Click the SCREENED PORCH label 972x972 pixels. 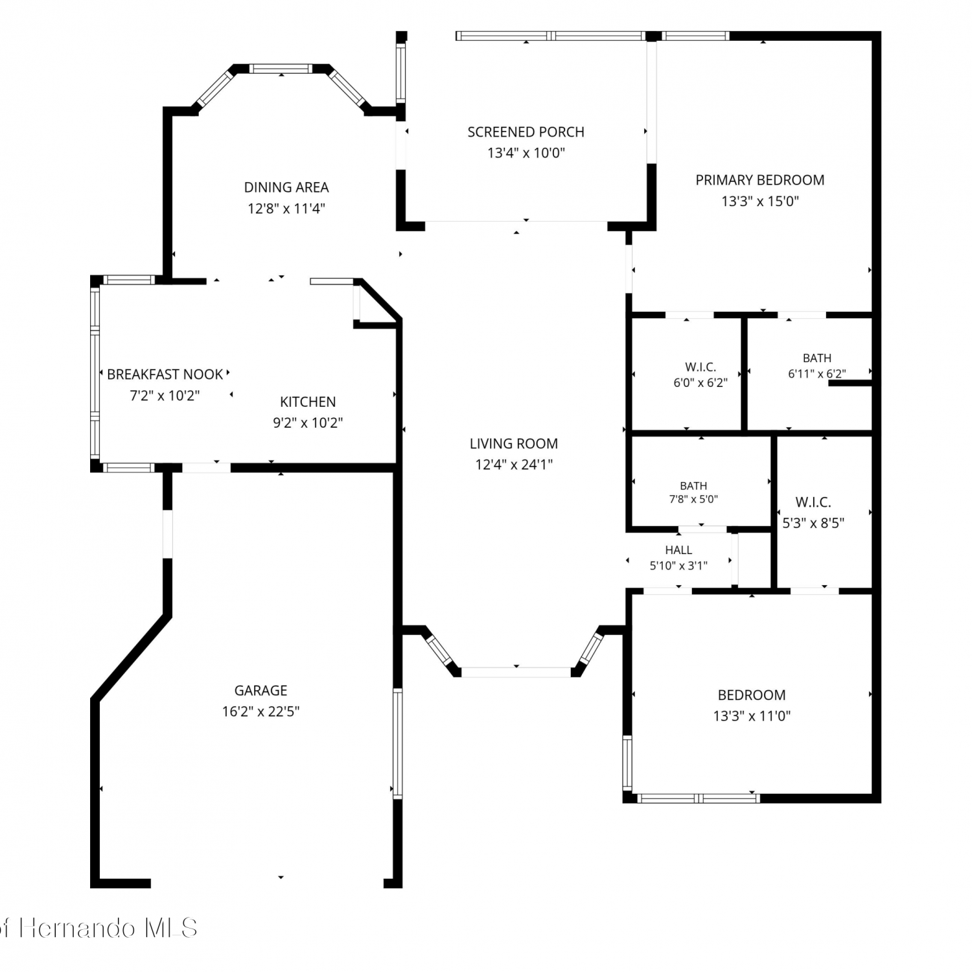point(526,132)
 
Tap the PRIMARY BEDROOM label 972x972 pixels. point(760,180)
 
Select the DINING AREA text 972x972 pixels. point(286,187)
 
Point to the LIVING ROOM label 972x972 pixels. point(514,444)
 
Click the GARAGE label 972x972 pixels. point(260,691)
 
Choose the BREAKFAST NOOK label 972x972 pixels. point(165,375)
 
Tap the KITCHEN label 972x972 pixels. point(308,402)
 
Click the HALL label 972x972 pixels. point(678,550)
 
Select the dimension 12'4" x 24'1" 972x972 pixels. point(514,465)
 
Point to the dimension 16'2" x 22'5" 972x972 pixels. point(260,712)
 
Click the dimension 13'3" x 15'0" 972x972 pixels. point(760,201)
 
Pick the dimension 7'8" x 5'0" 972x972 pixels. point(693,500)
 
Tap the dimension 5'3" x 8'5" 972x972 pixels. point(813,523)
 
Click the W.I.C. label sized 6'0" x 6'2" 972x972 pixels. point(700,367)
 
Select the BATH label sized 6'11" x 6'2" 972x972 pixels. point(817,358)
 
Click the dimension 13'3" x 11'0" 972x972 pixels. point(752,716)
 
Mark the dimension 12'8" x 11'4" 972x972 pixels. point(286,209)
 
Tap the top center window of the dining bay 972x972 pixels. point(281,68)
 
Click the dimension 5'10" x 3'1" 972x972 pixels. point(678,566)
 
